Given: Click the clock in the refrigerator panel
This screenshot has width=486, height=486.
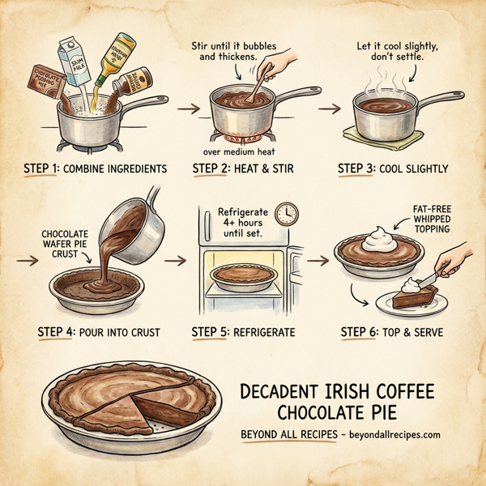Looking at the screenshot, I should coord(286,214).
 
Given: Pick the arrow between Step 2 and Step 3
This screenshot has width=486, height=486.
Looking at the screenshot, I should coord(329,107).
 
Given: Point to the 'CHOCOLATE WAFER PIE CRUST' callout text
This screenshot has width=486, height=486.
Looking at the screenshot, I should coord(64,241).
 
